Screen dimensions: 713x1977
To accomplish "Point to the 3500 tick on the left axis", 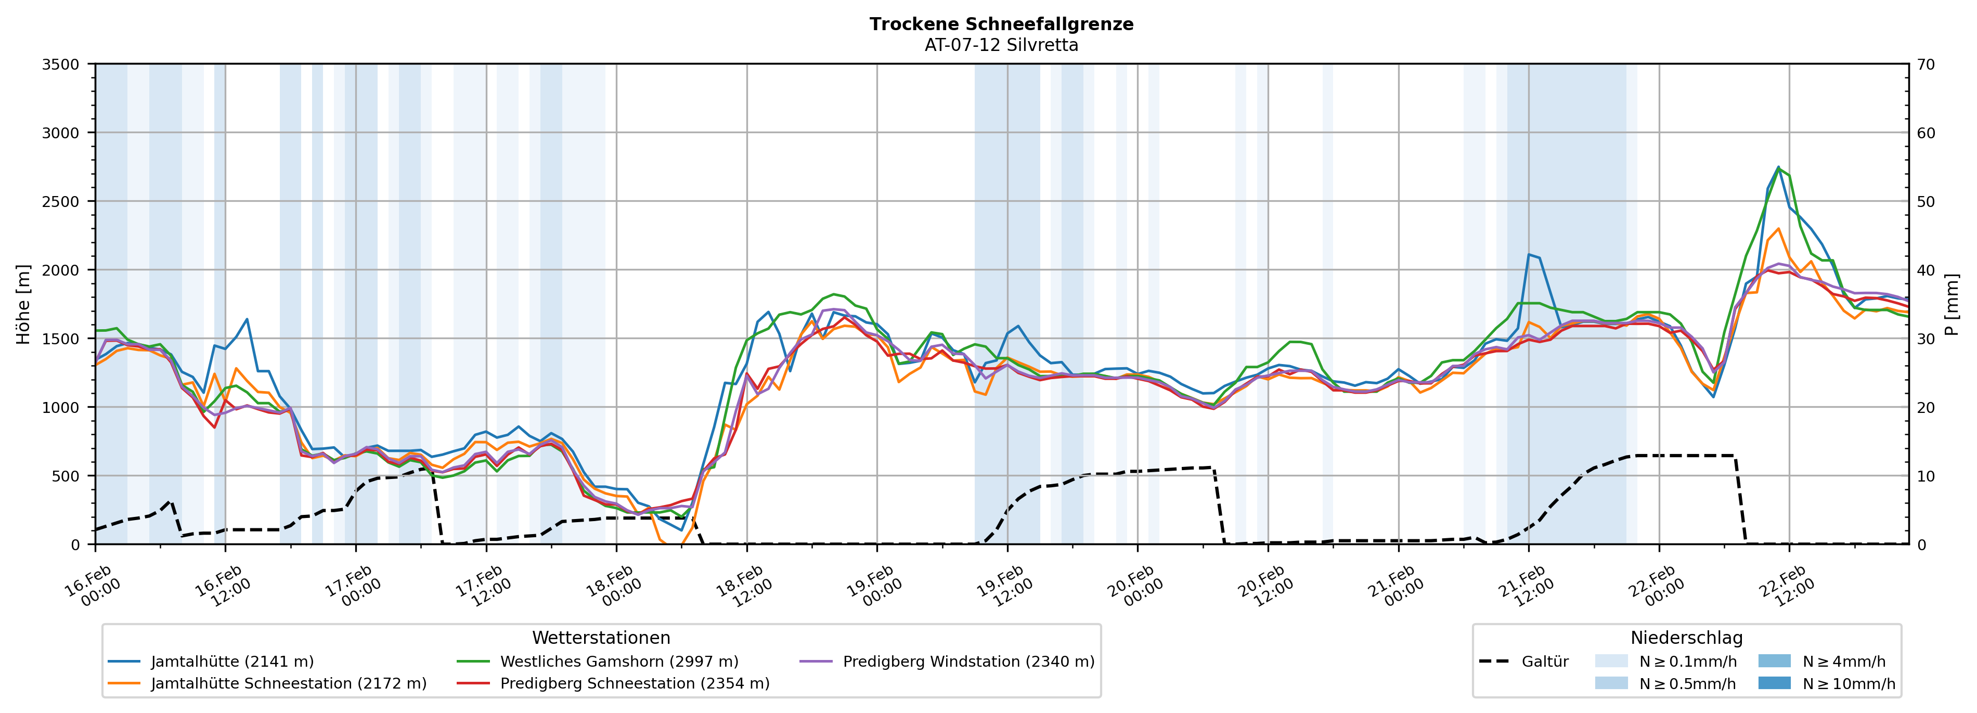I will [x=61, y=64].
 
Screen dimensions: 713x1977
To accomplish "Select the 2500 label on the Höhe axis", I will [x=61, y=202].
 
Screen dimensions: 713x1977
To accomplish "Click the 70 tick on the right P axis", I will [x=1926, y=64].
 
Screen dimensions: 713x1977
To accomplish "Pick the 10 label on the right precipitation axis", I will [x=1926, y=476].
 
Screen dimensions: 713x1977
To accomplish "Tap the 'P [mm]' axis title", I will [x=1952, y=305].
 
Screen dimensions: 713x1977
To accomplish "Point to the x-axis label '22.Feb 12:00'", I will [x=1786, y=587].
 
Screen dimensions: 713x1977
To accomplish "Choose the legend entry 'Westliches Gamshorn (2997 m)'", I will [x=618, y=662].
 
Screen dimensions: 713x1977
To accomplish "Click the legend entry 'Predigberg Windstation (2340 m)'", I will [x=968, y=662].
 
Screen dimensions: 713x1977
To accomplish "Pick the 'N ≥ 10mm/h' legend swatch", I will [x=1774, y=683].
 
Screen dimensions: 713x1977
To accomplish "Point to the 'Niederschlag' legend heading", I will [x=1686, y=638].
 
